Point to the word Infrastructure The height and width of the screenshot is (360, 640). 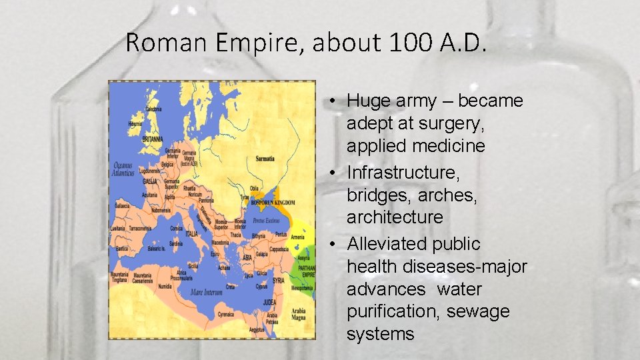pos(403,173)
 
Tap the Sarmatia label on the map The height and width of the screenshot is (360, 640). pos(265,159)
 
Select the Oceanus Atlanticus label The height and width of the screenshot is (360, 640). pos(123,169)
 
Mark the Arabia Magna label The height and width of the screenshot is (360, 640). pos(298,314)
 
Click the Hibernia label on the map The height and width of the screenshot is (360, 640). pos(135,123)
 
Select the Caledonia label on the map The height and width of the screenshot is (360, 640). pos(153,109)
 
